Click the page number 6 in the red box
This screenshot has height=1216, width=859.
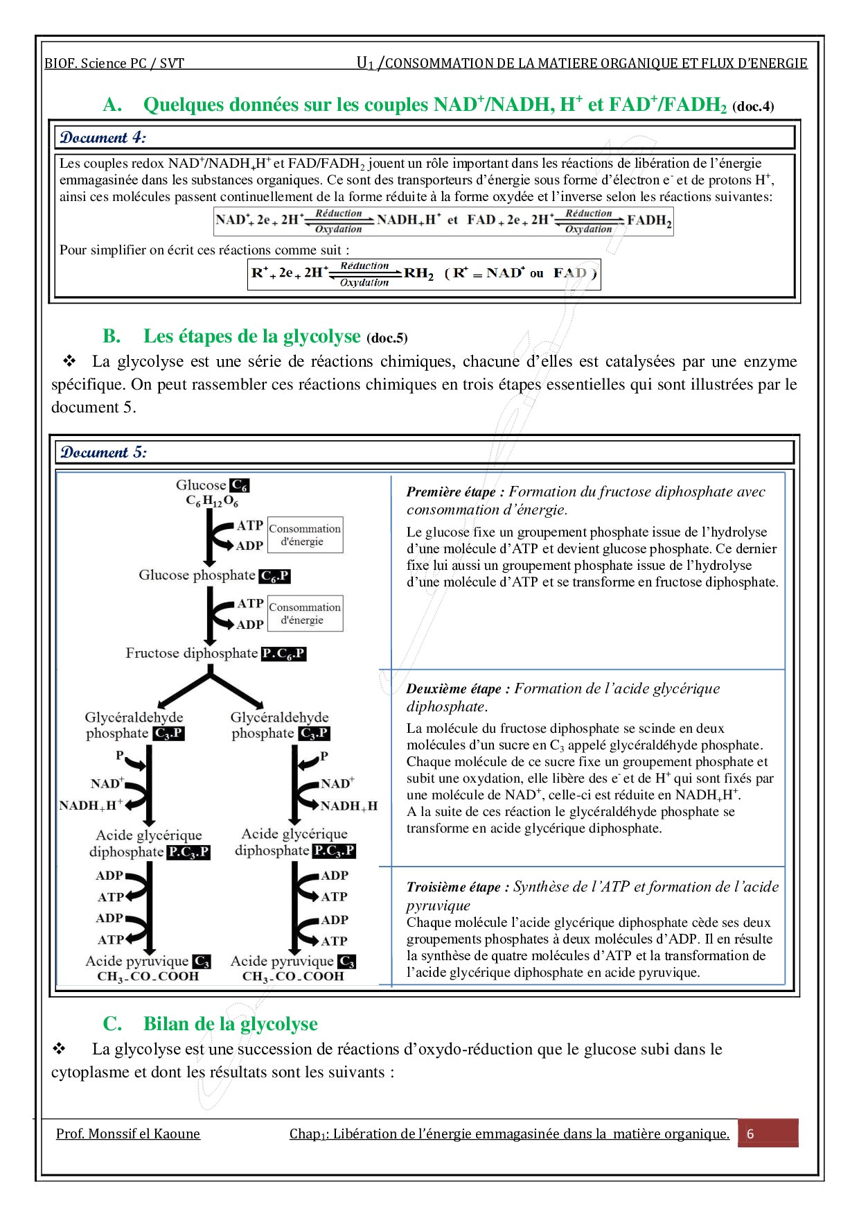point(750,1134)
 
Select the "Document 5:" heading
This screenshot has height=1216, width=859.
point(103,452)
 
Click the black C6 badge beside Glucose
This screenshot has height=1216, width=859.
point(240,485)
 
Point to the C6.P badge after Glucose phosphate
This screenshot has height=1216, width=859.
point(274,576)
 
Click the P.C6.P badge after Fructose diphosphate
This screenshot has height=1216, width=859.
point(283,654)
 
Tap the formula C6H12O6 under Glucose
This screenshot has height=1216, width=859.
point(211,501)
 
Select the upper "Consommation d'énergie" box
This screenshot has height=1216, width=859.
point(305,535)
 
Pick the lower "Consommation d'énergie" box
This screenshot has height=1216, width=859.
point(305,613)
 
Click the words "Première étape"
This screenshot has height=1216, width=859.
point(450,492)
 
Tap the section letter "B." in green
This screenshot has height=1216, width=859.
point(112,336)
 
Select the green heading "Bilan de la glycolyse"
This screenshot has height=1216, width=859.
point(230,1024)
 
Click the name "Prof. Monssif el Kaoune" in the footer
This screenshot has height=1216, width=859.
point(128,1134)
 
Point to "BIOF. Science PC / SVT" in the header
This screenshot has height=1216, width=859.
point(114,64)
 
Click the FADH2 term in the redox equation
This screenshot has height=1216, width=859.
point(649,221)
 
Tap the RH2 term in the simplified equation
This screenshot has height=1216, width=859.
point(418,273)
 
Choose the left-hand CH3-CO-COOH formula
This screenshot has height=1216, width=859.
point(148,977)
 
